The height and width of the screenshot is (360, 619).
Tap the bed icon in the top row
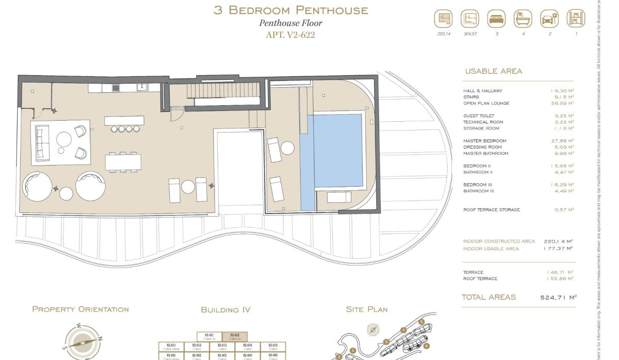click(x=496, y=20)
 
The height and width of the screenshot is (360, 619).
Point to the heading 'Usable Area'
click(x=493, y=71)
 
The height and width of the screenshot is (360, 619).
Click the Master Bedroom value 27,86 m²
click(x=562, y=141)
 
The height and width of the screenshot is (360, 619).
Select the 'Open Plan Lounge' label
click(x=486, y=103)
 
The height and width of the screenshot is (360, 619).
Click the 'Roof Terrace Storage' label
click(x=491, y=210)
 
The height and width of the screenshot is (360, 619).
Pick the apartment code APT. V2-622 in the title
click(x=290, y=35)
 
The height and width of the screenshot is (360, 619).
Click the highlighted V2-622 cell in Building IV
click(x=235, y=336)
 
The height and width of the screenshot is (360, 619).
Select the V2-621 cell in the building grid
click(x=209, y=336)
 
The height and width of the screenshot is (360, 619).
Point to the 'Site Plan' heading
click(x=366, y=309)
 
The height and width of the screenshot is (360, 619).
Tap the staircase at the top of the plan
click(x=224, y=91)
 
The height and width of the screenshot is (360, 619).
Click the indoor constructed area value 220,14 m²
click(x=558, y=241)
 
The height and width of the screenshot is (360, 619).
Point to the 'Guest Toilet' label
click(x=479, y=116)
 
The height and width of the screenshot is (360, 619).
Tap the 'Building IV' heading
click(x=225, y=310)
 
